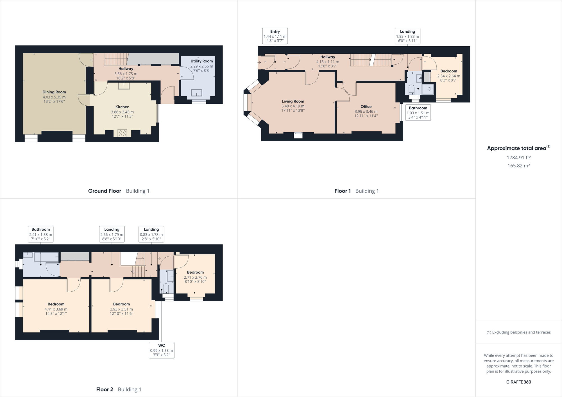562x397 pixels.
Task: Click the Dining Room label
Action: [54, 92]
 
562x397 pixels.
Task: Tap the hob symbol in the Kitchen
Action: [122, 133]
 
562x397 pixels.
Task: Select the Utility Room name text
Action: [201, 61]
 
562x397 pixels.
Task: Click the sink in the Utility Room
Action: [196, 93]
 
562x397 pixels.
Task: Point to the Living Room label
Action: [293, 101]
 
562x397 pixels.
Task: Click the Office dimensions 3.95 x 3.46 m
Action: [366, 112]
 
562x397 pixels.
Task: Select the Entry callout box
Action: [275, 36]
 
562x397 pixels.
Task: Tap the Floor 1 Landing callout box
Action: [407, 36]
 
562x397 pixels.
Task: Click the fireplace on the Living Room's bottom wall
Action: [298, 135]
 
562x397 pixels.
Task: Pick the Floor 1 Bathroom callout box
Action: [418, 112]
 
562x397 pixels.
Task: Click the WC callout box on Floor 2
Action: [161, 350]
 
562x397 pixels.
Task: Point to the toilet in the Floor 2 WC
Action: [166, 288]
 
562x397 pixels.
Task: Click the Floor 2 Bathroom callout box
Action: [40, 234]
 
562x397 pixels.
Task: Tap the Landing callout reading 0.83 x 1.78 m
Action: [151, 234]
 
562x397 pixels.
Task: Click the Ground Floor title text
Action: [105, 191]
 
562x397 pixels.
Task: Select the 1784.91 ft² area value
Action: [518, 158]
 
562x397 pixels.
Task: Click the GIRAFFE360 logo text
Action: [518, 382]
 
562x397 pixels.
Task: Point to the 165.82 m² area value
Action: [518, 166]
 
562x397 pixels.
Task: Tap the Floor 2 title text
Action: [105, 389]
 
